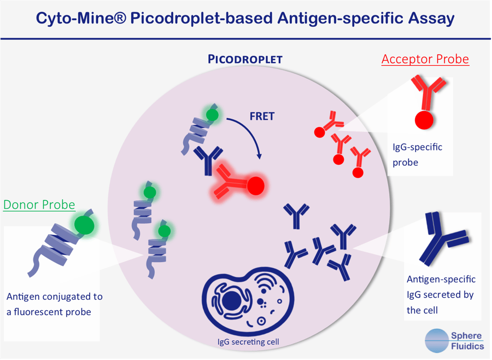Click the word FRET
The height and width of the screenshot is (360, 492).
pyautogui.click(x=261, y=117)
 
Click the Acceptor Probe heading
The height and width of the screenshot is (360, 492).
pyautogui.click(x=425, y=59)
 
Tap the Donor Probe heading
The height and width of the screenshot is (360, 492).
pyautogui.click(x=39, y=205)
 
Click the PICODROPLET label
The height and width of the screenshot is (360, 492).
pyautogui.click(x=245, y=59)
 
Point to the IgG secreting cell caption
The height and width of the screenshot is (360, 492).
pyautogui.click(x=248, y=342)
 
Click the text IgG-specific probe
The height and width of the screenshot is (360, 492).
pyautogui.click(x=417, y=154)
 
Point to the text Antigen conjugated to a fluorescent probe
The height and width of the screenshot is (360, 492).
pyautogui.click(x=54, y=304)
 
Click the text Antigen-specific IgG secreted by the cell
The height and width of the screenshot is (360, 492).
pyautogui.click(x=441, y=294)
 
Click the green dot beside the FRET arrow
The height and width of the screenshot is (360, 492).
pyautogui.click(x=212, y=115)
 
